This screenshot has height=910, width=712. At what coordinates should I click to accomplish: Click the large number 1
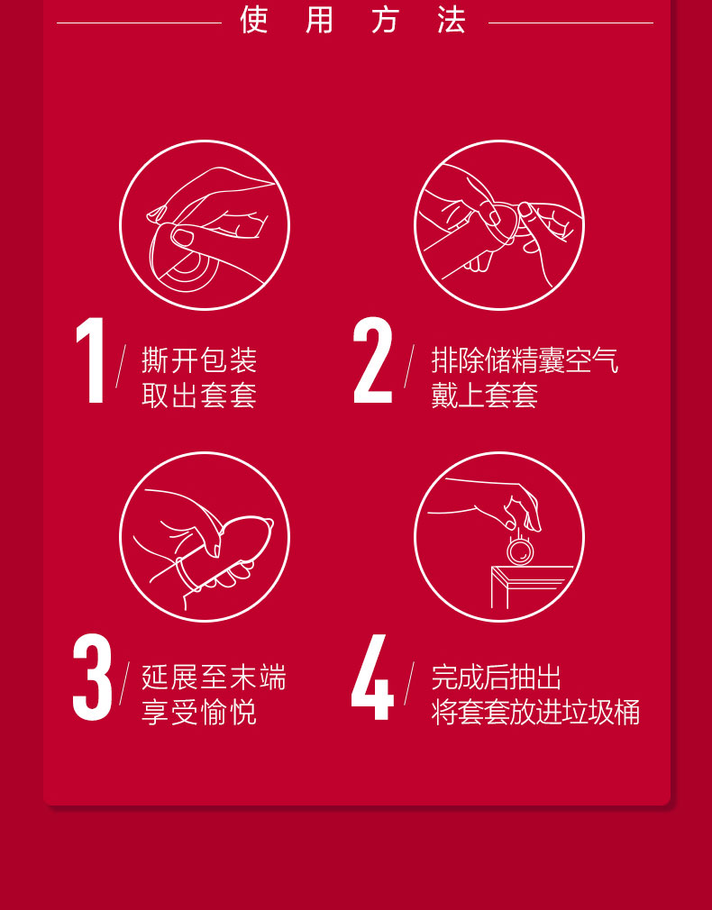pos(91,359)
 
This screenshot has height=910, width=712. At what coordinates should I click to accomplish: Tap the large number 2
pos(373,359)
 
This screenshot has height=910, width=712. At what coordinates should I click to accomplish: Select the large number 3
pos(92,678)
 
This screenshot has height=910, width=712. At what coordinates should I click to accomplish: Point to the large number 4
pos(372,678)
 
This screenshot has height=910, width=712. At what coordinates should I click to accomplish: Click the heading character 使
pos(254,20)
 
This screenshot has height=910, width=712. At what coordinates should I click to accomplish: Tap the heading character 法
pos(452,20)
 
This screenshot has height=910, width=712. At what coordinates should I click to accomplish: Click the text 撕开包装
pos(199,360)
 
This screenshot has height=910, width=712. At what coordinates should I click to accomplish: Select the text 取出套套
pos(199,396)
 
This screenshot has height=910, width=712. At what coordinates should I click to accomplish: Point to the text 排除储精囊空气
pos(525,360)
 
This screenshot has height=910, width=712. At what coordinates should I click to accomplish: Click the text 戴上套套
pos(484,396)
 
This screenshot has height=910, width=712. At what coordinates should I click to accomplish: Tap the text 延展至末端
pos(214,678)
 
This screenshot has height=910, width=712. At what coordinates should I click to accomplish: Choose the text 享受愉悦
pos(199,713)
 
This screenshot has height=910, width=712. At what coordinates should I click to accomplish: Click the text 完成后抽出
pos(497,678)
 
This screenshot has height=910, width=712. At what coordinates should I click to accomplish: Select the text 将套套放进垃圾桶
pos(535,713)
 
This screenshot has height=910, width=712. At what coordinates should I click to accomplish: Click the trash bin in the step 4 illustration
pos(528,587)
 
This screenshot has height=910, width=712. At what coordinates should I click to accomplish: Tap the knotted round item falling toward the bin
pos(520,550)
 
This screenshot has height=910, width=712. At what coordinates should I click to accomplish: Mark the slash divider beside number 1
pos(121,366)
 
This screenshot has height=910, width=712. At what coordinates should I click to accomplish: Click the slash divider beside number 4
pos(409,684)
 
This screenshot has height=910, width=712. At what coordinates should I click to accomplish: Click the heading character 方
pos(387,20)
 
